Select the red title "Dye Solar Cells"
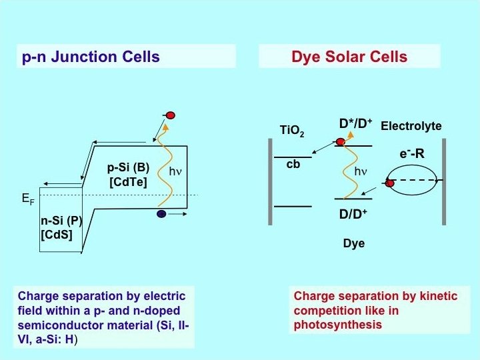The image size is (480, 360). [349, 57]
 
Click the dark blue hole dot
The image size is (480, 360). [161, 214]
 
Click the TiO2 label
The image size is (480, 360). [292, 131]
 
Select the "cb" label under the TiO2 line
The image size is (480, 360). [293, 163]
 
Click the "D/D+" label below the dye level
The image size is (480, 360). [353, 214]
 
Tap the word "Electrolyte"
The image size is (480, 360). [411, 126]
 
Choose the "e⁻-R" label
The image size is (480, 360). [413, 154]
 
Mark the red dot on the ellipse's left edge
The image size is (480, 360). [389, 182]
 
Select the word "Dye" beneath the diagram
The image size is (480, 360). [353, 243]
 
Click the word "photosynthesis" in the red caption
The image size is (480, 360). [338, 325]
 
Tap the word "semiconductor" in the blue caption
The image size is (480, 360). [61, 325]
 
